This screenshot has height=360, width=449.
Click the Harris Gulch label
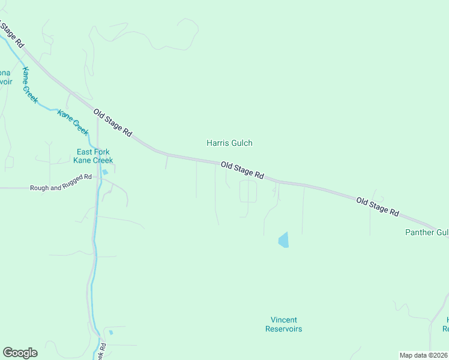[229, 143]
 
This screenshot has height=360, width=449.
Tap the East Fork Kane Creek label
[93, 156]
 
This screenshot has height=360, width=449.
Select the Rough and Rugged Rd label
[61, 188]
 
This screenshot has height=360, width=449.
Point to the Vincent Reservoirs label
[283, 325]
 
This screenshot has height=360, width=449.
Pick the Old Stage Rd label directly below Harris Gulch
[242, 170]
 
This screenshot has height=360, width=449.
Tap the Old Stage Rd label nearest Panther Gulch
[378, 207]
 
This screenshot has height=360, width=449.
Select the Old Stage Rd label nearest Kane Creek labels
[112, 122]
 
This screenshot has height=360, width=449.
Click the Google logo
[20, 353]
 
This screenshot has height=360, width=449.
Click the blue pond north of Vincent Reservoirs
[283, 240]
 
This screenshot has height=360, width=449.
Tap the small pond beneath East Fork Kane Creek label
[105, 172]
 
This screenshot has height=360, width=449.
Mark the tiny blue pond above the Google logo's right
[110, 332]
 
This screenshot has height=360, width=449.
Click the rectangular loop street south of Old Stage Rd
[248, 191]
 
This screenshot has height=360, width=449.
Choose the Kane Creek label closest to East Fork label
[73, 122]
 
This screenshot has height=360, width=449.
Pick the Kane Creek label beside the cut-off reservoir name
[29, 84]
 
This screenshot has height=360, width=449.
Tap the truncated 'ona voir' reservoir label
[5, 77]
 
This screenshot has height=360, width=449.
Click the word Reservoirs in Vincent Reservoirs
[283, 329]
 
